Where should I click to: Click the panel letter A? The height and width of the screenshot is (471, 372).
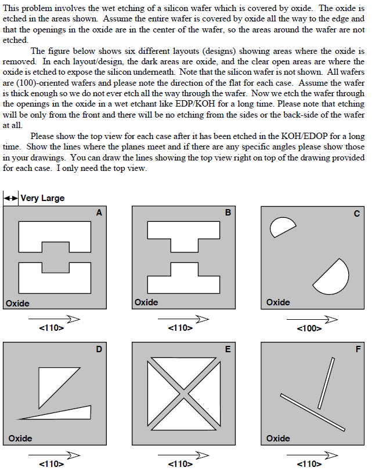(x=99, y=213)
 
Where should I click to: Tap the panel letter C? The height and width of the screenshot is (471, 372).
(x=357, y=214)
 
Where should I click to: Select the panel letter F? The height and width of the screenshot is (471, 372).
(x=357, y=349)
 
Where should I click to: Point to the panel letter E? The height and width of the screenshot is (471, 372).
(x=227, y=349)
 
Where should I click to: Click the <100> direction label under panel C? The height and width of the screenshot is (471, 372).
(x=309, y=328)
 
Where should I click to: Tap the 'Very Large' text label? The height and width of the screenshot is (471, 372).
(x=42, y=198)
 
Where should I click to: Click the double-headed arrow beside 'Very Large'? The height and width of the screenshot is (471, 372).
(x=11, y=198)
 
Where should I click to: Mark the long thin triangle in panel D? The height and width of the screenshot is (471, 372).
(x=70, y=412)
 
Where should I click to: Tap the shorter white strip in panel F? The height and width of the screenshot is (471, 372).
(x=326, y=383)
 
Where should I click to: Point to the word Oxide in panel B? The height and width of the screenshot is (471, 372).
(x=146, y=302)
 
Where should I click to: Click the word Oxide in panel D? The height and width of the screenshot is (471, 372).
(x=20, y=439)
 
